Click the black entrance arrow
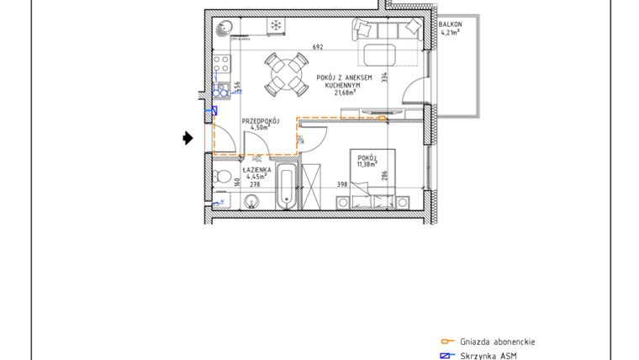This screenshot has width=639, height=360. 188,138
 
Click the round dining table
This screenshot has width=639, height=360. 285,74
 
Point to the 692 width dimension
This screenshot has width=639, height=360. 318,47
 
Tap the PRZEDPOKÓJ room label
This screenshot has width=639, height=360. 260,121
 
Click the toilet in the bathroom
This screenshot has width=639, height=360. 223,177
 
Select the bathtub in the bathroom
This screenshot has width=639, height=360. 287,188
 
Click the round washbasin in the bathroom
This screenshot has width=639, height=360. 253,201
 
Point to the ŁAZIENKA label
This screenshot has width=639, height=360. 256,169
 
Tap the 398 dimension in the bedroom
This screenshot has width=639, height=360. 342,184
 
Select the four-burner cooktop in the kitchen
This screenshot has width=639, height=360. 224,64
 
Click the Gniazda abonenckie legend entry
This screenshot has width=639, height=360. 497,341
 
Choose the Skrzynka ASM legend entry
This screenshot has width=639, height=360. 488,356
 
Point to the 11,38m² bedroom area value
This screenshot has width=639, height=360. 366,164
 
